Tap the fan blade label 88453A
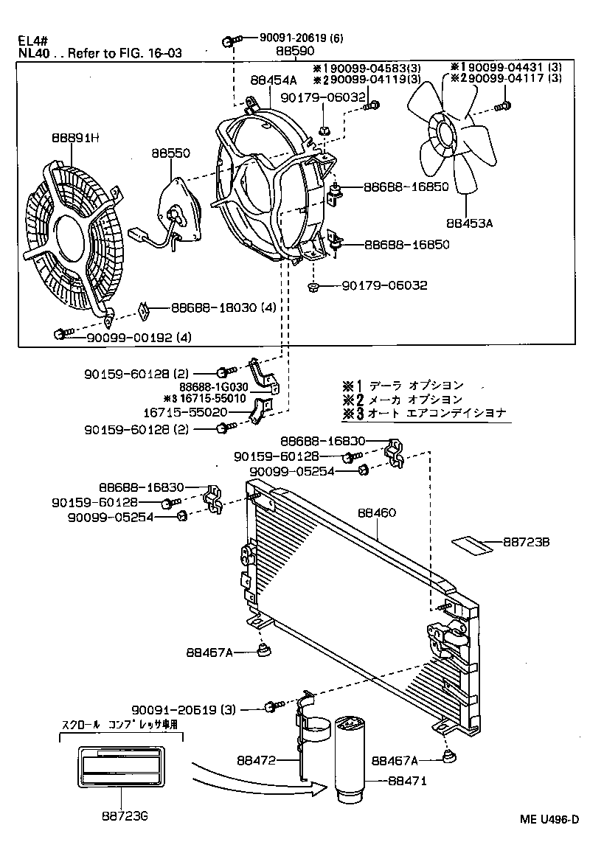coord(469,219)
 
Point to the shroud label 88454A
coord(273,81)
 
